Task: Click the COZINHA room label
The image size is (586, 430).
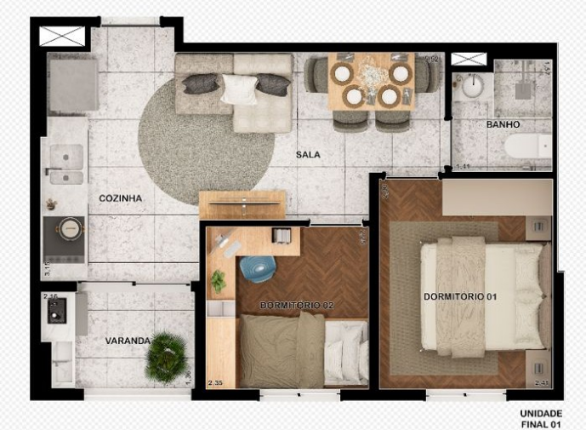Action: click(120, 198)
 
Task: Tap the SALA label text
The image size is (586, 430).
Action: click(308, 155)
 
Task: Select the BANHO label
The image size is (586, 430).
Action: click(503, 124)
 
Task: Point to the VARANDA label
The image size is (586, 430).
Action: click(128, 341)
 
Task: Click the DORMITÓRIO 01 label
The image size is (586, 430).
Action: click(460, 296)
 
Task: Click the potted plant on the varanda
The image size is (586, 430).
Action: click(167, 358)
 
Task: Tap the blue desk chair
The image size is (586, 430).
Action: click(258, 268)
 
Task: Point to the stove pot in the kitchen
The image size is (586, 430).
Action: click(69, 228)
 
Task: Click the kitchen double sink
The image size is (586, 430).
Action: click(66, 164)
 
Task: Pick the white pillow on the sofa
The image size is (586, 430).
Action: click(239, 89)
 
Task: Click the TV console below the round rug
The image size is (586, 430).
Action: click(242, 204)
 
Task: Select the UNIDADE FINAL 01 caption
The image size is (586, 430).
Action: click(541, 418)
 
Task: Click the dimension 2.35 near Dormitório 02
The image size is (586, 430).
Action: click(219, 384)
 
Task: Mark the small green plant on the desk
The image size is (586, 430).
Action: click(219, 279)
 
